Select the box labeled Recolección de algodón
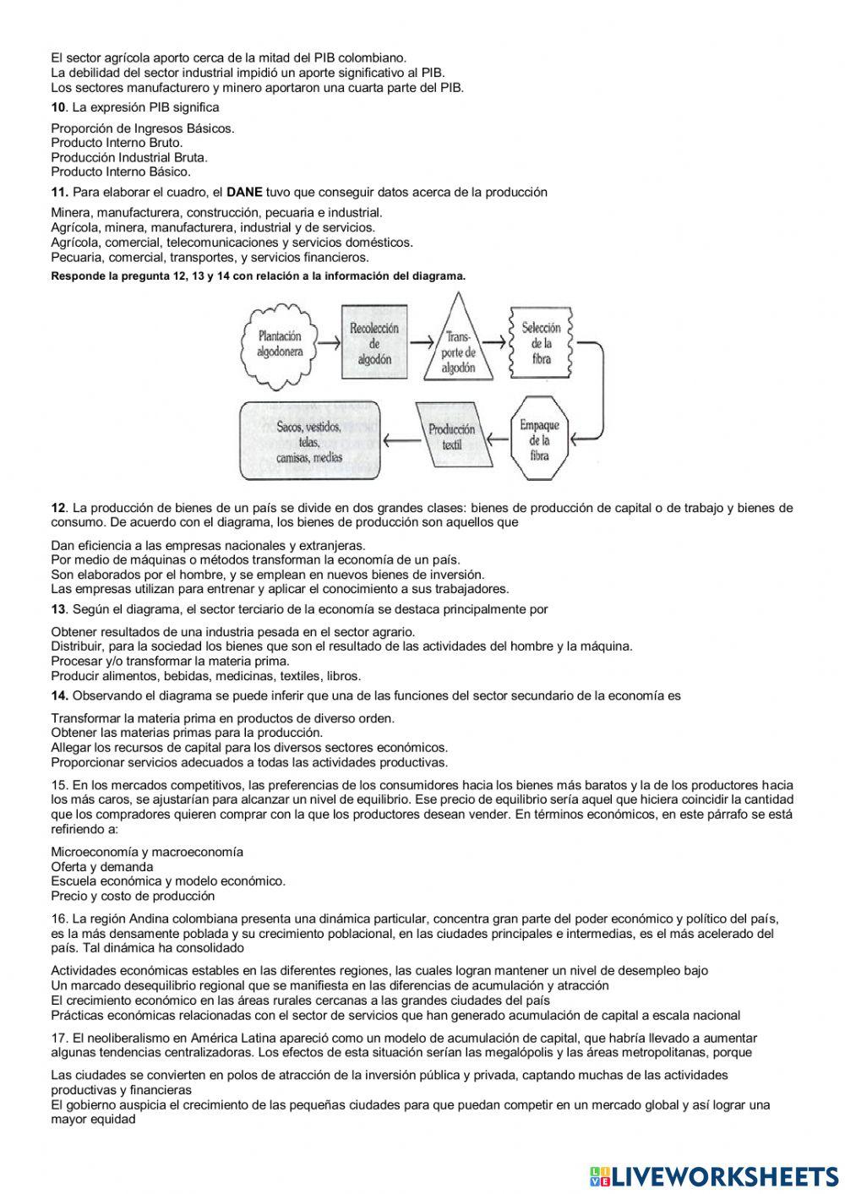tap(374, 343)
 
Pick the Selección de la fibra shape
tap(541, 342)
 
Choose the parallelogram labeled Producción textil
tap(452, 436)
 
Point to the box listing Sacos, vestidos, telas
tap(309, 440)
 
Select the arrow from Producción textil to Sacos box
tap(401, 438)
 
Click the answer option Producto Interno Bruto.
tap(117, 143)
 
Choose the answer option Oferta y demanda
tap(102, 866)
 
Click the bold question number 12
tap(58, 508)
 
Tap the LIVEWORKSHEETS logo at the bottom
tap(714, 1175)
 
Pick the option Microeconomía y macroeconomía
tap(147, 852)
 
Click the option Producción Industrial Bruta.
tap(129, 157)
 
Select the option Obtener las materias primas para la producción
tap(187, 733)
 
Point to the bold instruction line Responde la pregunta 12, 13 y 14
tap(258, 275)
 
